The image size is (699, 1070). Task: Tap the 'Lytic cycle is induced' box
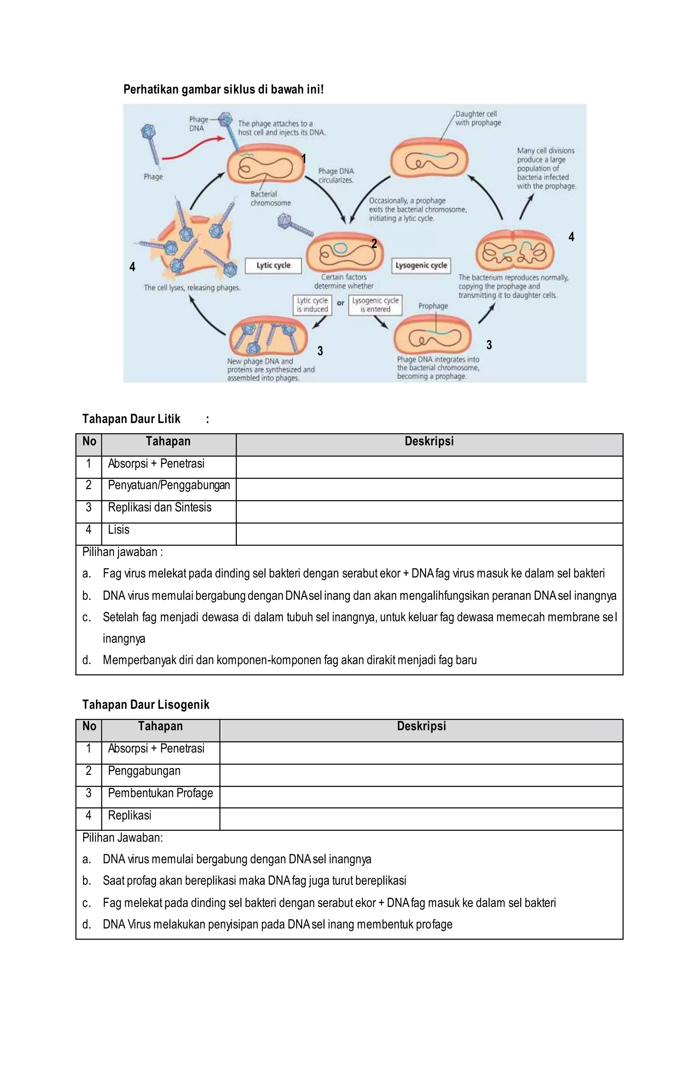pos(312,305)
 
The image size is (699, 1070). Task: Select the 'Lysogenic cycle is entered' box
pos(375,305)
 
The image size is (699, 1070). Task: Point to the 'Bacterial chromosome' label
pos(270,198)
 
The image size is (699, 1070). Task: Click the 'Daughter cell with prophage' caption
pos(477,118)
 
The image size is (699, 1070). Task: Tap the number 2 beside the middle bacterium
pos(374,244)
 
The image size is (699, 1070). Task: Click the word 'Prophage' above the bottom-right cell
pos(432,306)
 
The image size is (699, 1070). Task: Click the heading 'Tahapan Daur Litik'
pos(131,419)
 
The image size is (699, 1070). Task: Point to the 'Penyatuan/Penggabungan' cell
pos(169,485)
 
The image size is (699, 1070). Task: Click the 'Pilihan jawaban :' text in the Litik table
pos(122,552)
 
